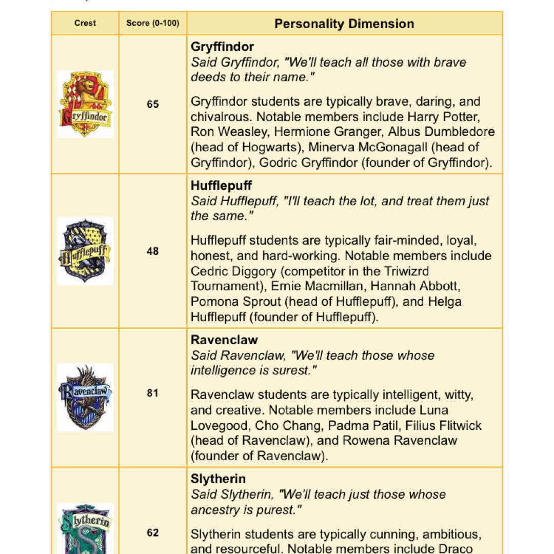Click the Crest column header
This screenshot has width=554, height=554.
[85, 23]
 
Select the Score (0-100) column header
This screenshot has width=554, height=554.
[153, 23]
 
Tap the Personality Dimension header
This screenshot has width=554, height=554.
[344, 24]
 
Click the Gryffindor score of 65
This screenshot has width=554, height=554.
[153, 104]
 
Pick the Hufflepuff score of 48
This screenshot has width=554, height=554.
[153, 251]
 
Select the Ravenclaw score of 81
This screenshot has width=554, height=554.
[153, 393]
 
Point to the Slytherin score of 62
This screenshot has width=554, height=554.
[153, 532]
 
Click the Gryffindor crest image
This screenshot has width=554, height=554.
[85, 104]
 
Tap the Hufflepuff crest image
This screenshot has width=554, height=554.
[85, 251]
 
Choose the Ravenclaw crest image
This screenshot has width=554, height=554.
[85, 397]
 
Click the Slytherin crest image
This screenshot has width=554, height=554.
[85, 528]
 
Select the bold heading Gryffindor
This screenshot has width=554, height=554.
[222, 47]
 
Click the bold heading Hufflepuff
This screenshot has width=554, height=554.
[221, 185]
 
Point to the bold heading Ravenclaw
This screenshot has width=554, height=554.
[224, 340]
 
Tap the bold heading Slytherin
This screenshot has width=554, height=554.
[218, 479]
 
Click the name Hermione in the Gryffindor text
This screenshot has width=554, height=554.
[298, 132]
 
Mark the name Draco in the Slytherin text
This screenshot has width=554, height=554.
[466, 548]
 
